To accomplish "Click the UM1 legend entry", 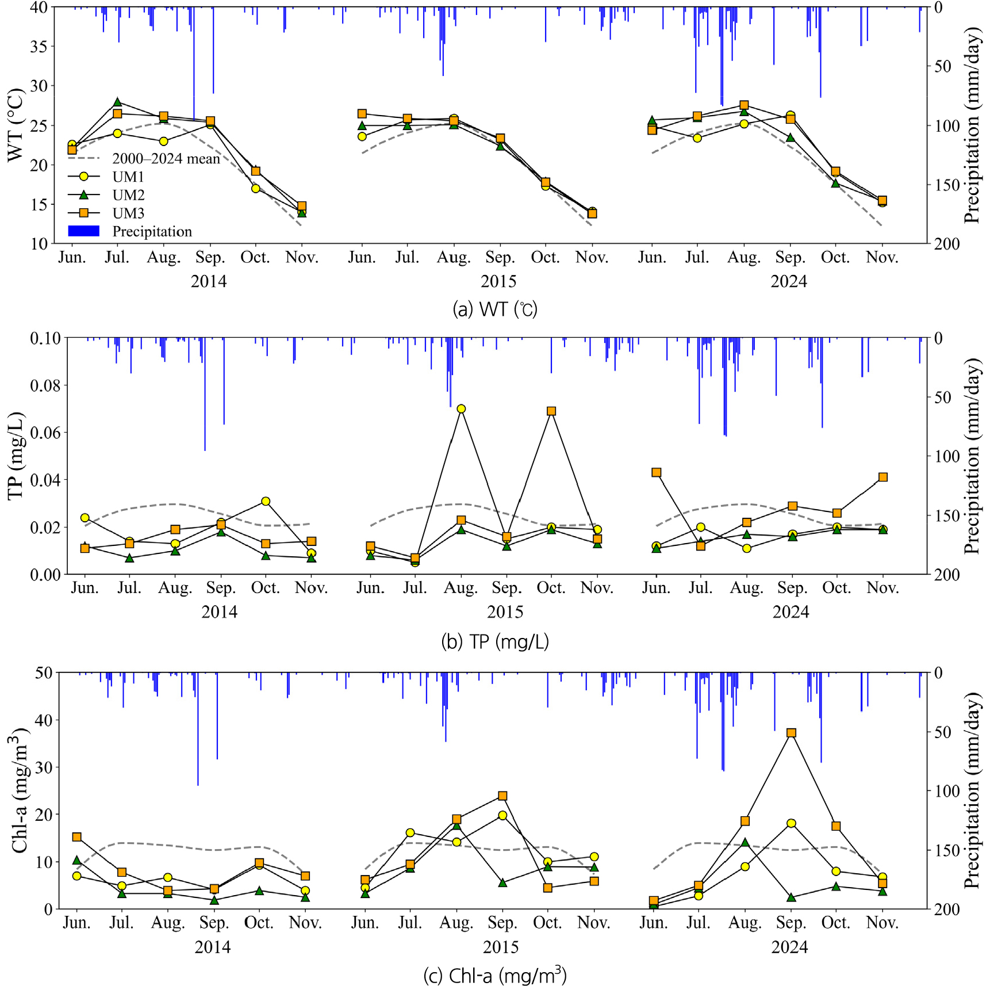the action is [106, 177].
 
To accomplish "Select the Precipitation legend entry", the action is [130, 231].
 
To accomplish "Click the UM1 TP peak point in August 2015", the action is [461, 409].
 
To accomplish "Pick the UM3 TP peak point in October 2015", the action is [551, 411].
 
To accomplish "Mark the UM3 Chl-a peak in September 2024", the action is [792, 733].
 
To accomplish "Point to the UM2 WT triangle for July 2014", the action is [117, 102].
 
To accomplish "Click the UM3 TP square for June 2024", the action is [657, 472].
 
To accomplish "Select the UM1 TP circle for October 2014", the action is [266, 502].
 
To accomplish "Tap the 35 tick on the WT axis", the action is [39, 47].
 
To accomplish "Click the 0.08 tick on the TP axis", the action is [45, 385].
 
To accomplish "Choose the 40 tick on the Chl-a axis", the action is [44, 720].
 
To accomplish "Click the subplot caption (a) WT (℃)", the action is [495, 309].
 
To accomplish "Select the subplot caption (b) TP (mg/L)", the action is [495, 641].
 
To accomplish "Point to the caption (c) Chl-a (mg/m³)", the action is [495, 975].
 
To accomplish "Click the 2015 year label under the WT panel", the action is [498, 281].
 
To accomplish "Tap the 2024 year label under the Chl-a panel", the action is [789, 947].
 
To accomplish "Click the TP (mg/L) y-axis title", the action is [16, 456].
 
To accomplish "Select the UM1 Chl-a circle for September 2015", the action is [502, 816].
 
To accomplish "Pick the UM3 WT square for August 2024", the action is [744, 105].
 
